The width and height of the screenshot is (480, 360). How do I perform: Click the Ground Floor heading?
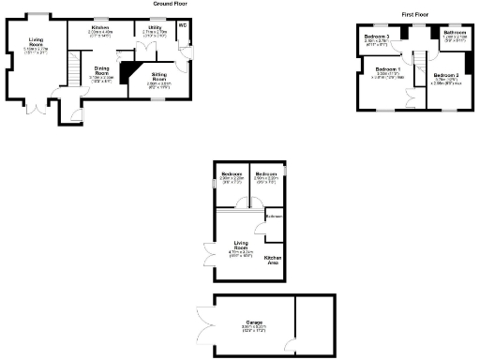[172, 4]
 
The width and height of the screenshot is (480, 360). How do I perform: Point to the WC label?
[183, 25]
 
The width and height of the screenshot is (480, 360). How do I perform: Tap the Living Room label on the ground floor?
[37, 43]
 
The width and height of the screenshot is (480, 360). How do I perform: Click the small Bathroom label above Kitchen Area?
[273, 217]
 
